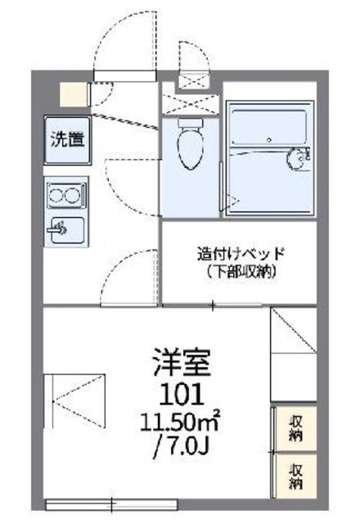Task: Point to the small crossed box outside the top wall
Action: [x=194, y=79]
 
